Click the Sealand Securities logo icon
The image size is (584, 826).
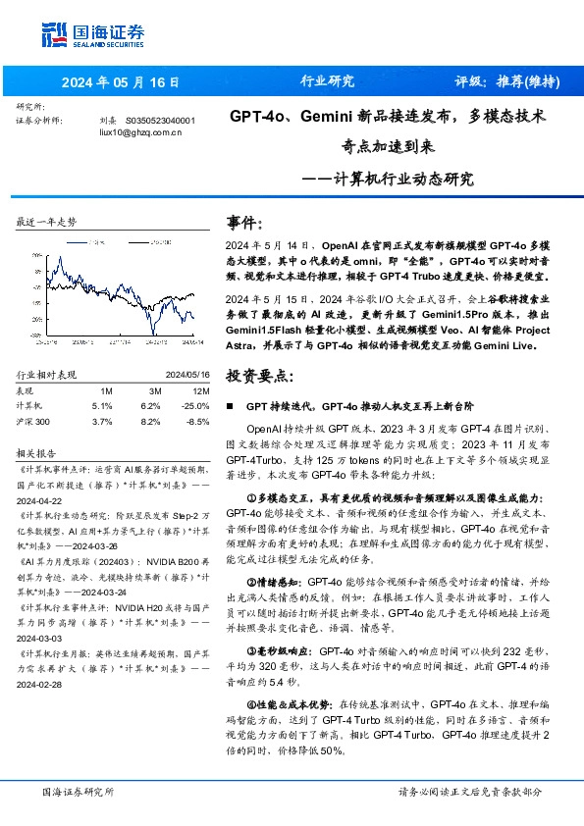click(53, 32)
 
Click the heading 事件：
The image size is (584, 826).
click(245, 222)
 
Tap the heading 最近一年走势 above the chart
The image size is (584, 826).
click(47, 223)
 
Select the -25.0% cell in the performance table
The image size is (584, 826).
click(195, 404)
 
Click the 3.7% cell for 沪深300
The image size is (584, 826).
click(102, 421)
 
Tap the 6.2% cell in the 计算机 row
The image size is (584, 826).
click(150, 404)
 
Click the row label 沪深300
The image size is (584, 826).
click(35, 421)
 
